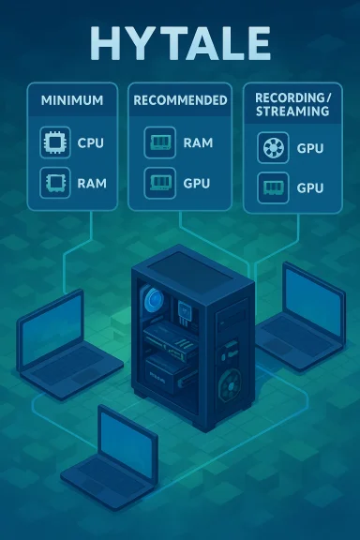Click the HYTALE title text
tap(179, 42)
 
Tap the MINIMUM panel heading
tap(71, 99)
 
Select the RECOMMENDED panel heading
tap(180, 99)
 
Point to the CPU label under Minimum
tap(92, 144)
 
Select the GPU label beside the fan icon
tap(311, 147)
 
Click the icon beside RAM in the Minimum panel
tap(52, 182)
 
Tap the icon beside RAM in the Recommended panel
tap(157, 143)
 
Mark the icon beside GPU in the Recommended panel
tap(157, 182)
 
